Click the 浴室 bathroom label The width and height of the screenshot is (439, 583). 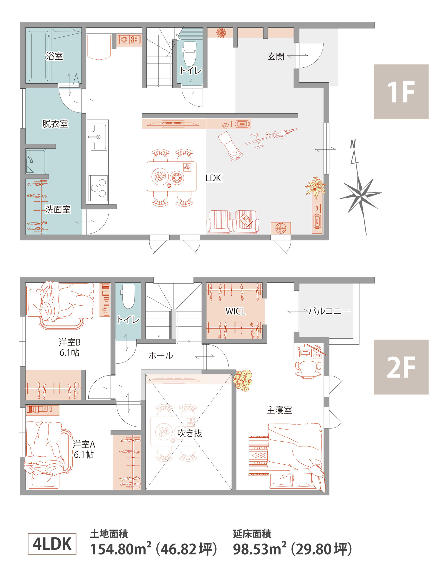(x=54, y=56)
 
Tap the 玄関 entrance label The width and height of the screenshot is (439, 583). (x=276, y=57)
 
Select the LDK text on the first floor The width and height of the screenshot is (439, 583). (x=213, y=178)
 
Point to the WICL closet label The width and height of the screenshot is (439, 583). (x=235, y=311)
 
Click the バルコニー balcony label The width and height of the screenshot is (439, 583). (x=329, y=311)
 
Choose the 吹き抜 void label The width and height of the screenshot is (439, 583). (x=189, y=433)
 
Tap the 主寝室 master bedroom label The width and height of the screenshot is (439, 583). (x=279, y=410)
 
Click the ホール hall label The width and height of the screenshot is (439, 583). (x=161, y=356)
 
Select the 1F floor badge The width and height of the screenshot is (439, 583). (x=401, y=92)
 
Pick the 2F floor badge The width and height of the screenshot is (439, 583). (x=401, y=367)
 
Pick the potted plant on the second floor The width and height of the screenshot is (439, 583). (x=243, y=380)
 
